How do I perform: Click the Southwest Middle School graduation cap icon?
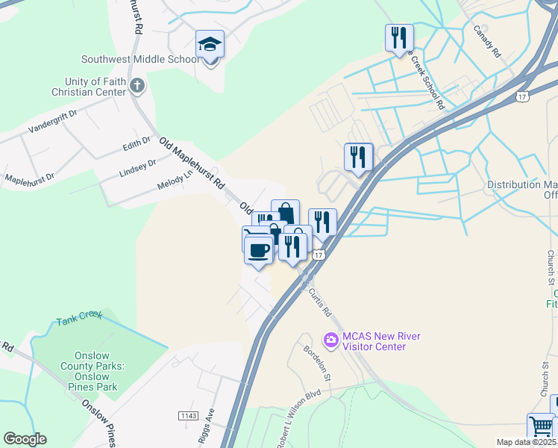pos(210,44)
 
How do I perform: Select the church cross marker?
pos(137,85)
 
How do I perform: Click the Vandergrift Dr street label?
pos(53,121)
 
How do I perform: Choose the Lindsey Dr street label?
pos(137,168)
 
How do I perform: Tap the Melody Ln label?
pos(175,180)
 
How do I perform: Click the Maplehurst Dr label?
pos(30,179)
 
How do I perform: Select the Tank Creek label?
pos(78,319)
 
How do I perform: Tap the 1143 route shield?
pos(188,415)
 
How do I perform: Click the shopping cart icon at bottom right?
pos(540,426)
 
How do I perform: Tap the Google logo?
pos(25,439)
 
